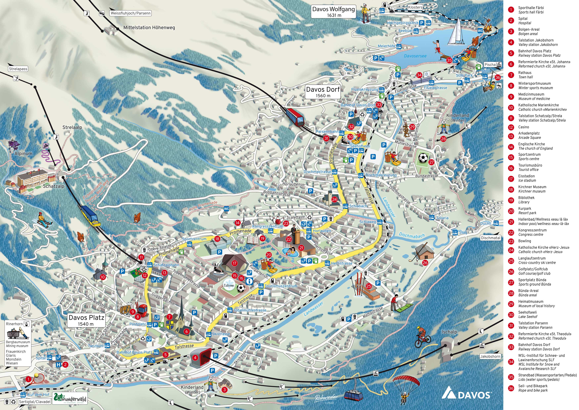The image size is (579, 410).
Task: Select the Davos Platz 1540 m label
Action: (x=86, y=320)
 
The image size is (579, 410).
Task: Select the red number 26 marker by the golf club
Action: (x=425, y=263)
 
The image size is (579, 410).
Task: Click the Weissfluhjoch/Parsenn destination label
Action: (x=130, y=13)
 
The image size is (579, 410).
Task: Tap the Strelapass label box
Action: (x=18, y=69)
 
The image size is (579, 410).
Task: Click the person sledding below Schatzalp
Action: (x=44, y=220)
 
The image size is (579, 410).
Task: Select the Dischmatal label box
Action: (x=490, y=238)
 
